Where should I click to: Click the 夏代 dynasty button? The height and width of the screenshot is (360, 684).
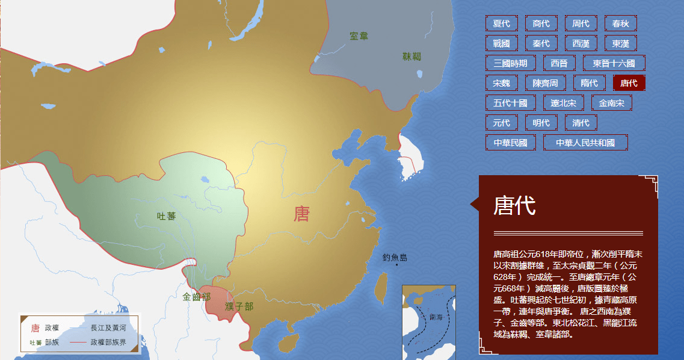pos(501,23)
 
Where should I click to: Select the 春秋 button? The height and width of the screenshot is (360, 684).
pos(620,23)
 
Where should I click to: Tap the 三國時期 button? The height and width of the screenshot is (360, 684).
pos(510,63)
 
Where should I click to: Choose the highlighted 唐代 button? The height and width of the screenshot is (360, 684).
pos(629,83)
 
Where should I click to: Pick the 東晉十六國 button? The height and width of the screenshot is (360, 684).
pos(614,63)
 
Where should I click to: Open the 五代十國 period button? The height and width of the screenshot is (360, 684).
pos(510,103)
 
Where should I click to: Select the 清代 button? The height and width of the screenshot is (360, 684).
pos(581,123)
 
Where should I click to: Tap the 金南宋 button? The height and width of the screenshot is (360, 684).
pos(612,103)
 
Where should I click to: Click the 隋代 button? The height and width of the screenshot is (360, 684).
pos(589,83)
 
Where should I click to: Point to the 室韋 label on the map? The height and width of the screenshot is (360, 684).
pos(359,36)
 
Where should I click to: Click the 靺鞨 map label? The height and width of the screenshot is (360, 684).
pos(412,57)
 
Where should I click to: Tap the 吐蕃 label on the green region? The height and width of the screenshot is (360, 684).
pos(166,216)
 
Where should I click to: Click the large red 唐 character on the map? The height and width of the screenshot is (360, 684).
pos(301,213)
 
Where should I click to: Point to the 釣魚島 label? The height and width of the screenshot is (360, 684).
pos(395,258)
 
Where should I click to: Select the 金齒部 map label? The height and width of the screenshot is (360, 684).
pos(197,297)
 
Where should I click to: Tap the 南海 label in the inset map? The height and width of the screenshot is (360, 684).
pos(436,316)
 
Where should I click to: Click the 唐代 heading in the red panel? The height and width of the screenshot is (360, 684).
pos(514,205)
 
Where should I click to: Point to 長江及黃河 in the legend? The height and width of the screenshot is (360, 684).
pos(108,328)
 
